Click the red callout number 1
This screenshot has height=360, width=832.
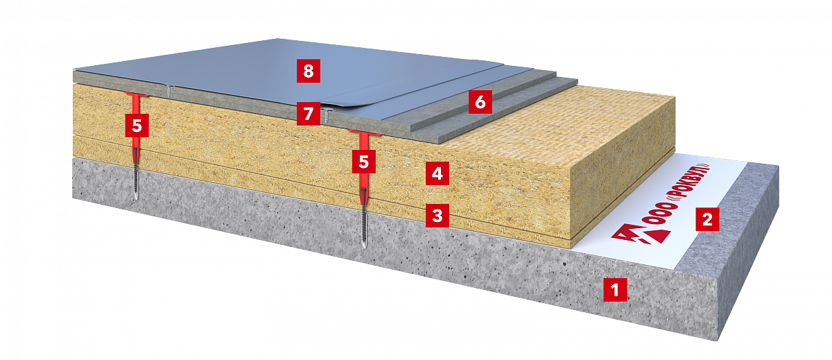(615, 289)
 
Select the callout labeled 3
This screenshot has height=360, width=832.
(437, 216)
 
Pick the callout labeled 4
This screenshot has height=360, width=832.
(437, 173)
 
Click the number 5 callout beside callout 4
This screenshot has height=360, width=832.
(363, 162)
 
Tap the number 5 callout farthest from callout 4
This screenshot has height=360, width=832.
(137, 126)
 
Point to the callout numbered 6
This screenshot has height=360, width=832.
(480, 101)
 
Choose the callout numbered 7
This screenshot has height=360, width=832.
(309, 114)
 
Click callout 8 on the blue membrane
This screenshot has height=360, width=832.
(309, 71)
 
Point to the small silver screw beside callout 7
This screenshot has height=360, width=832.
(326, 115)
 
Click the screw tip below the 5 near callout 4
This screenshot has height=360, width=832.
(365, 248)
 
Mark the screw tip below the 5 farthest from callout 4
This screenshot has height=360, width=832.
(137, 200)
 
